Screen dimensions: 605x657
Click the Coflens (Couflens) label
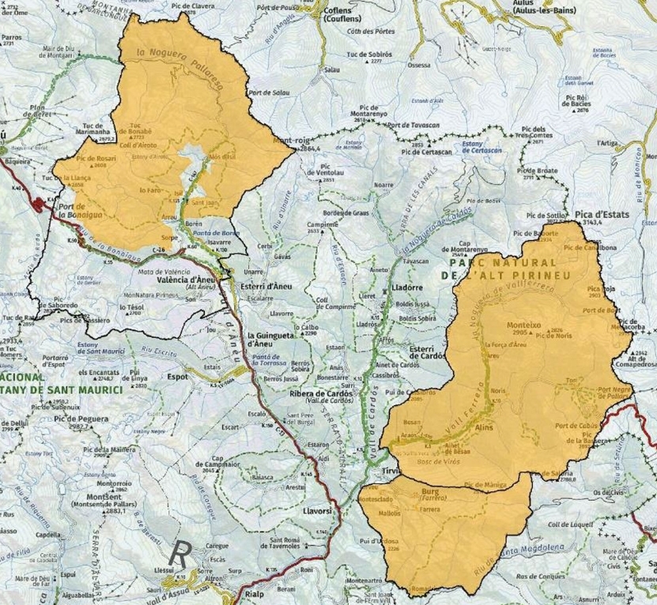point(342,14)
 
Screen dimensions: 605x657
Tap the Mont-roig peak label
point(289,141)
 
